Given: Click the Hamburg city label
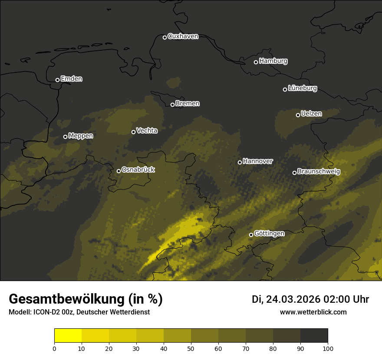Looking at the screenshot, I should coord(273,61).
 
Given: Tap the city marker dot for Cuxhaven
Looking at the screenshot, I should coord(165,37).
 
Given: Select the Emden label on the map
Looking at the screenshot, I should coord(71,79).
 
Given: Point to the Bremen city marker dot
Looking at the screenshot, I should coord(172,105).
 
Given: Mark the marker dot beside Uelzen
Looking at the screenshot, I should coord(298,115).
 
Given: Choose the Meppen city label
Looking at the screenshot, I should coord(81,136).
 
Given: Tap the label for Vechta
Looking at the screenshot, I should coord(147,131).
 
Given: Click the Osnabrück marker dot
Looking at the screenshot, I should coord(119,171).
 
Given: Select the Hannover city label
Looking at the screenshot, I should coord(257,161).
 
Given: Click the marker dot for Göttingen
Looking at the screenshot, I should coord(251,235).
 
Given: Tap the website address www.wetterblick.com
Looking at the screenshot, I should coord(313,312).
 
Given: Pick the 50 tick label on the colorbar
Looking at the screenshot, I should coord(191,348).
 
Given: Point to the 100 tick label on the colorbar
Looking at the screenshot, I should coord(328,348).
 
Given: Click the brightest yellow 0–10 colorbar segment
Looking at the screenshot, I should coord(68,336).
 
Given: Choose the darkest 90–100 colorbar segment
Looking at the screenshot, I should coord(314,336).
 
